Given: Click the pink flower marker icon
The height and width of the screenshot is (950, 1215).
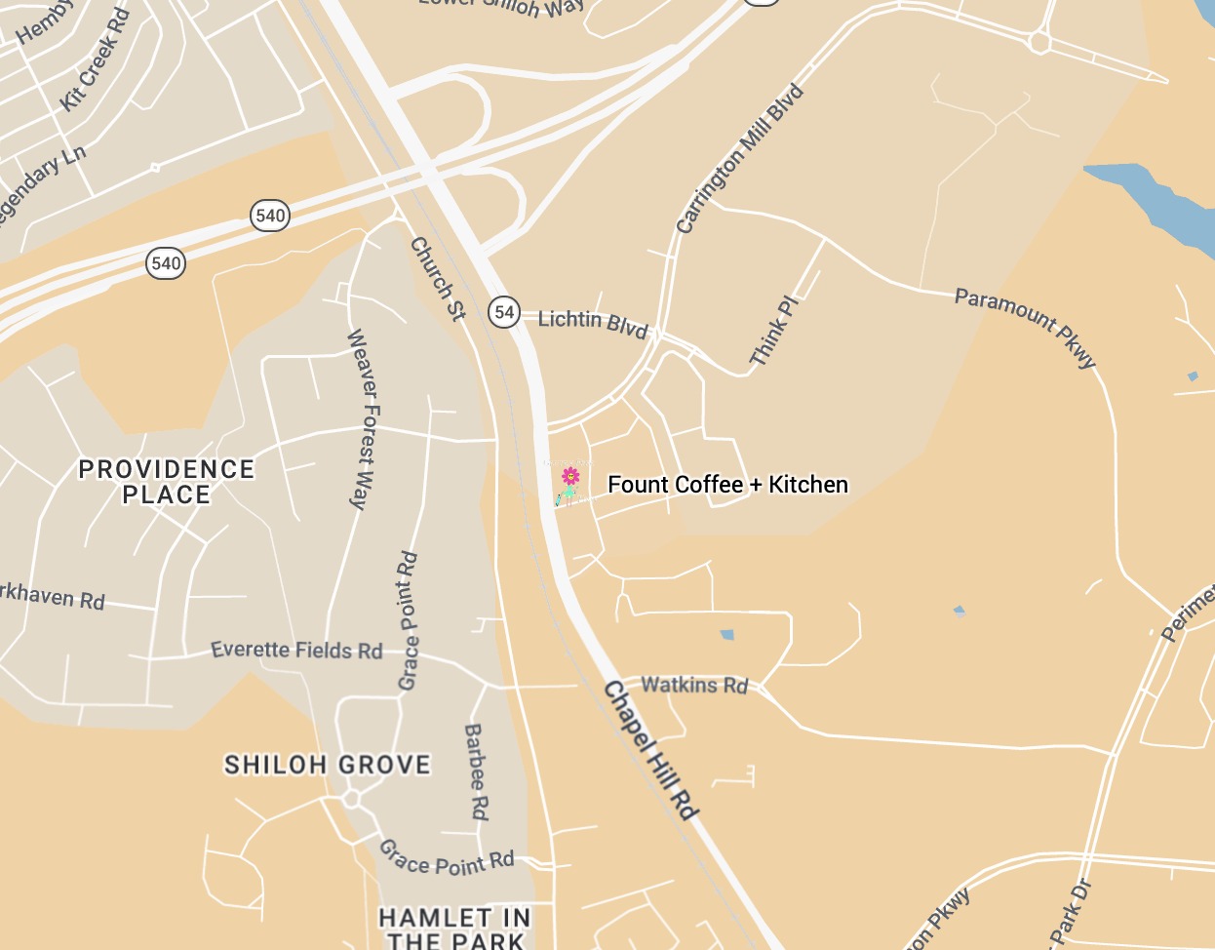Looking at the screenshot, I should (570, 477).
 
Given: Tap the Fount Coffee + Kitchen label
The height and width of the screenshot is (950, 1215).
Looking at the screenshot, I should (727, 485).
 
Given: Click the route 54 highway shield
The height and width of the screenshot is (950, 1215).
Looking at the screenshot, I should (504, 312).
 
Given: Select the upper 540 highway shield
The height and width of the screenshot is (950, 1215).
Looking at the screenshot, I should (270, 216).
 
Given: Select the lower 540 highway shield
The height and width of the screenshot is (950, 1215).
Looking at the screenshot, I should (166, 263).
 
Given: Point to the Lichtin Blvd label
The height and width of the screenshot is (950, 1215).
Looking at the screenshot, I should (593, 322).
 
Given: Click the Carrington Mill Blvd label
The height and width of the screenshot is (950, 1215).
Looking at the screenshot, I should (740, 160).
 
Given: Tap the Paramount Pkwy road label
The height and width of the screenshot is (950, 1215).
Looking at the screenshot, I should (1025, 327).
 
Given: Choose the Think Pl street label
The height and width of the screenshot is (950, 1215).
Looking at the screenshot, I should (774, 332).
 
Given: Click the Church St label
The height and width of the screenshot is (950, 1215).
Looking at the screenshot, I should (438, 279).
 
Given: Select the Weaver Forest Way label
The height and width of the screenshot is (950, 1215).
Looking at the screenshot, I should (362, 419).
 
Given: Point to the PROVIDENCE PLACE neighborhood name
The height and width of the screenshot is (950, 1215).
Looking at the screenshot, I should (167, 482).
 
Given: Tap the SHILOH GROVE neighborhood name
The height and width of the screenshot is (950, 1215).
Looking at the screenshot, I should (328, 765).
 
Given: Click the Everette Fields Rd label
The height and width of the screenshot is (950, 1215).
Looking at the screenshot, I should (296, 650).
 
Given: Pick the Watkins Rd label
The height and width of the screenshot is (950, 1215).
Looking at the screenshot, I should (694, 685).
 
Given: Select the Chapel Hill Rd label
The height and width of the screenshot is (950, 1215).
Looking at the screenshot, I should (651, 749).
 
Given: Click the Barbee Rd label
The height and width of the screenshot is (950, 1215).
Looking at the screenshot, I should (476, 772).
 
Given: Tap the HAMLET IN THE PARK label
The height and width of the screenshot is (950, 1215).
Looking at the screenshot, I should (454, 929).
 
